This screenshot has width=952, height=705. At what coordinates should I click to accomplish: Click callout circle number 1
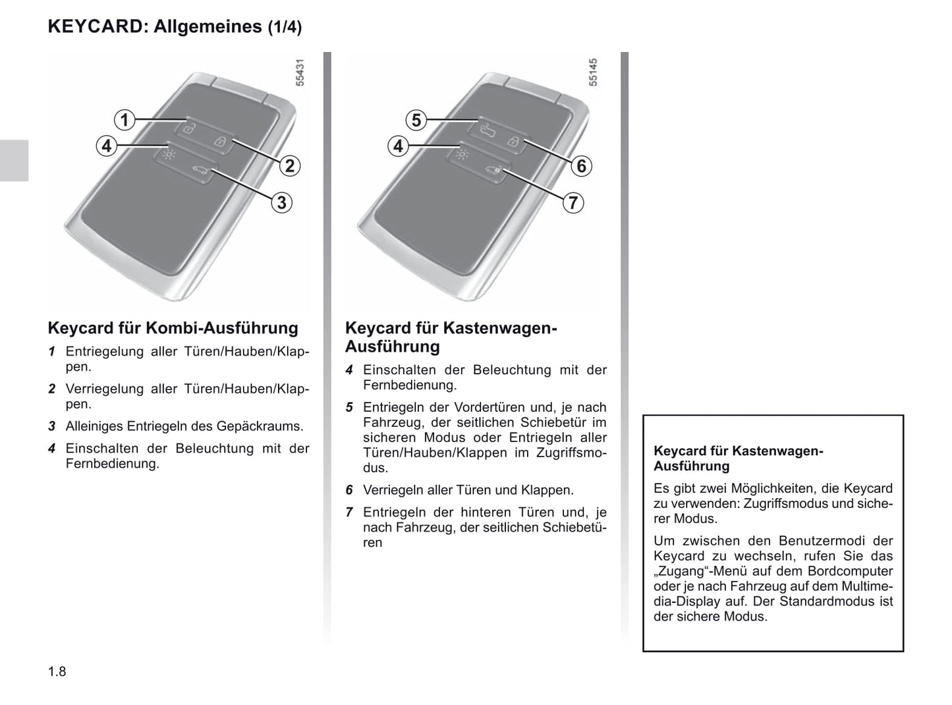click(124, 120)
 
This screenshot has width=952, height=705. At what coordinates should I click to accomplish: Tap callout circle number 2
click(289, 165)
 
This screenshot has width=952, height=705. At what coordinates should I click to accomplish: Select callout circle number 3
click(281, 202)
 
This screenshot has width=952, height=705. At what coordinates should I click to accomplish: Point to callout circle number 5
click(416, 120)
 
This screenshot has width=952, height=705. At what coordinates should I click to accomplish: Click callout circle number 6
click(581, 165)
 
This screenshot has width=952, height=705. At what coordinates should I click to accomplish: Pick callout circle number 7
click(573, 202)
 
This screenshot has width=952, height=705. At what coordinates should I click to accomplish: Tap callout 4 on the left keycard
click(106, 146)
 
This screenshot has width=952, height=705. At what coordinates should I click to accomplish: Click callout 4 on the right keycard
click(397, 146)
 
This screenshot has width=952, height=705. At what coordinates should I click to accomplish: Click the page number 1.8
click(57, 671)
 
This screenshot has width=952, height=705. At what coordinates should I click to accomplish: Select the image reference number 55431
click(300, 72)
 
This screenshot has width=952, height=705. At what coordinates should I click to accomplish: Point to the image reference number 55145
click(592, 72)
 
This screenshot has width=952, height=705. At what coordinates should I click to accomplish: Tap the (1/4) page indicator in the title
click(285, 27)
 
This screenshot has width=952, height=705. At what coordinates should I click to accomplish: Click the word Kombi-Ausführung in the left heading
click(221, 328)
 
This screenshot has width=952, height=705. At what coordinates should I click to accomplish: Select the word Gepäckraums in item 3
click(266, 426)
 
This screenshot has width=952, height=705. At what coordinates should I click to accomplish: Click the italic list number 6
click(350, 490)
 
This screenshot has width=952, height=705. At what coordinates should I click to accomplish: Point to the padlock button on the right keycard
click(513, 141)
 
